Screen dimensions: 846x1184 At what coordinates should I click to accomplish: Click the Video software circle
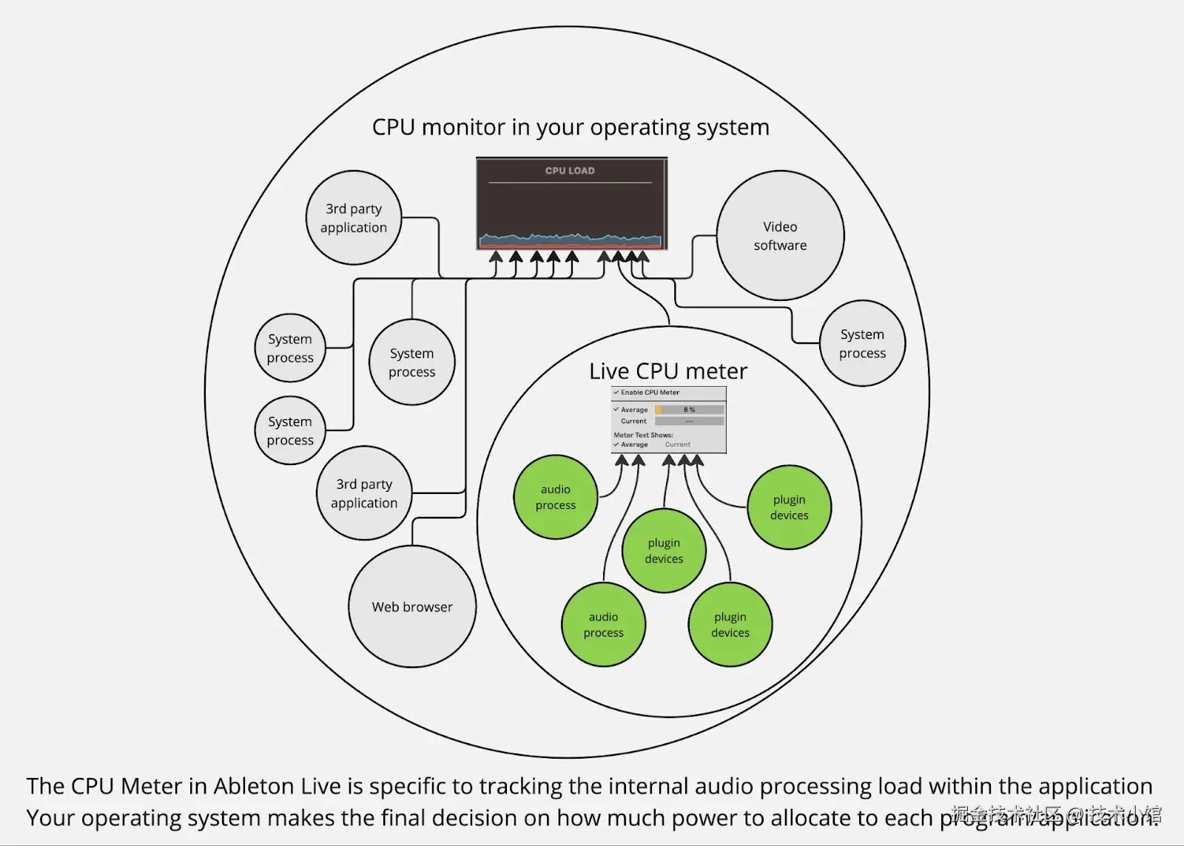point(780,236)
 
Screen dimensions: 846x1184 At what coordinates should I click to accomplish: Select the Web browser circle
point(412,607)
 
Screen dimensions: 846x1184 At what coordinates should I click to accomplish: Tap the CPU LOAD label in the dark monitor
point(570,171)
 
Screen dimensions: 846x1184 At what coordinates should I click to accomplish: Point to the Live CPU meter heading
point(668,371)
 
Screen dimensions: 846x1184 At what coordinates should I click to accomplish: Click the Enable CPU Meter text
point(650,393)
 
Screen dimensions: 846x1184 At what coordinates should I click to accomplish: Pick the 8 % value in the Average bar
point(689,410)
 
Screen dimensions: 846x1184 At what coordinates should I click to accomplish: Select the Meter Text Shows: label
point(643,435)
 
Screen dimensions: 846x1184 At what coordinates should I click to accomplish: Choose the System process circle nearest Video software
point(862,344)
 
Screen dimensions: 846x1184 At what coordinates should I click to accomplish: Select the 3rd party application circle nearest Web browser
point(364,493)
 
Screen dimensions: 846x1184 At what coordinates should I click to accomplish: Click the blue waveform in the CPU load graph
point(570,238)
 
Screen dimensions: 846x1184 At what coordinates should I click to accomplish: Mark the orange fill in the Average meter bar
point(659,410)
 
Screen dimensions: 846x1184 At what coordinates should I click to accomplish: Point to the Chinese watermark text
point(1056,814)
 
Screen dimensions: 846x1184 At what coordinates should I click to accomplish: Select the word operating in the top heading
point(641,127)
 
